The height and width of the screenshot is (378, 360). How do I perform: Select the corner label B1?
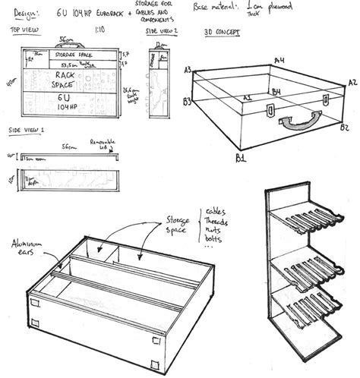241,158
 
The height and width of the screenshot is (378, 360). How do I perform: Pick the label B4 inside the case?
276,93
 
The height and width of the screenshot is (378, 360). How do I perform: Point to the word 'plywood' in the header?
332,9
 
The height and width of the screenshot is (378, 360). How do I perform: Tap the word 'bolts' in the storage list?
215,247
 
